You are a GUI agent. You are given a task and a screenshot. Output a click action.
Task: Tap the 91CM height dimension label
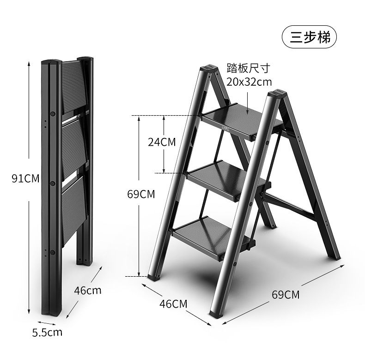[x=25, y=179]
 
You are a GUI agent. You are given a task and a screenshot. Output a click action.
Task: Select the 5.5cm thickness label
[x=48, y=332]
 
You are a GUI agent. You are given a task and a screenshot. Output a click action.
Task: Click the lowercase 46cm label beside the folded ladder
[x=87, y=291]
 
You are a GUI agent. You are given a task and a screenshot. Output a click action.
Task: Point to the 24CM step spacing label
[x=162, y=142]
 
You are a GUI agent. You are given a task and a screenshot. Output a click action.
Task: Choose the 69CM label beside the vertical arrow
[x=141, y=194]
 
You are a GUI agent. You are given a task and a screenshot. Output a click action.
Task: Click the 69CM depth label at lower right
[x=286, y=294]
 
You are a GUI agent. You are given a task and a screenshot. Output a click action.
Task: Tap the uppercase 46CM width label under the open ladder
[x=173, y=303]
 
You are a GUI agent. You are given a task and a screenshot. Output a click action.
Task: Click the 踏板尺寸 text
[x=247, y=68]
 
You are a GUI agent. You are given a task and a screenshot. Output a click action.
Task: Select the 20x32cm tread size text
[x=249, y=82]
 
